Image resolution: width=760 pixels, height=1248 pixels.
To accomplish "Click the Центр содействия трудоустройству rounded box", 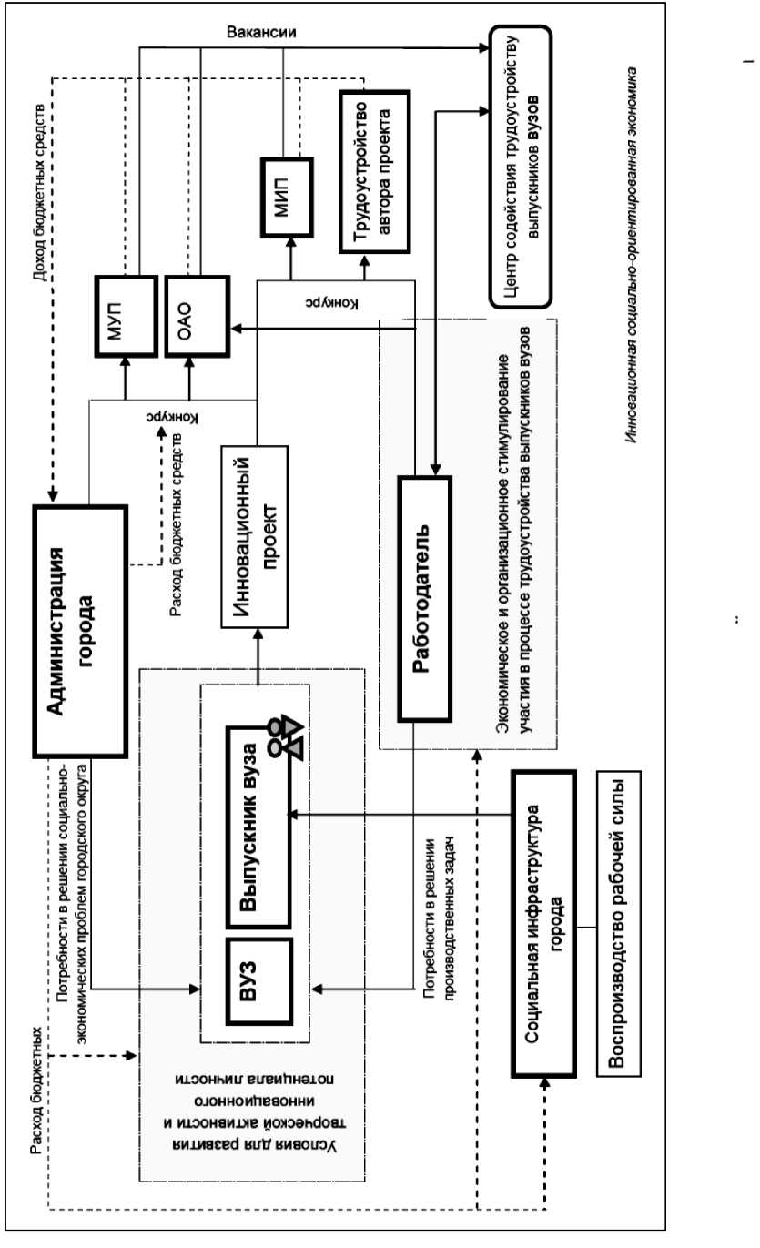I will tap(520, 165).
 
